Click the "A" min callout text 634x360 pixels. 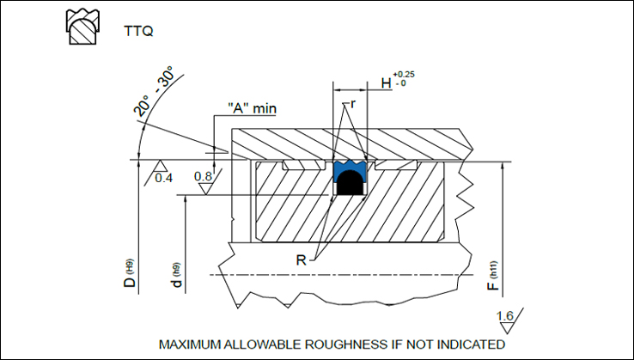[x=254, y=108]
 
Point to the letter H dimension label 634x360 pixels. [x=386, y=84]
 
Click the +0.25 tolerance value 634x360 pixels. [x=404, y=75]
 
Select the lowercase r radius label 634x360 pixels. [x=352, y=104]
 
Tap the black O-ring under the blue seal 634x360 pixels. [x=348, y=183]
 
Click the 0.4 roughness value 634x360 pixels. [x=162, y=178]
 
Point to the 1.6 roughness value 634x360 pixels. [x=506, y=317]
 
